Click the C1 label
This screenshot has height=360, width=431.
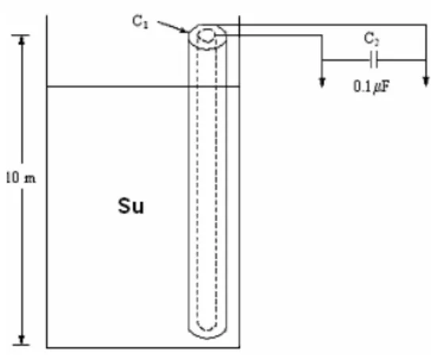[140, 21]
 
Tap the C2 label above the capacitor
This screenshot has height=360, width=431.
[371, 39]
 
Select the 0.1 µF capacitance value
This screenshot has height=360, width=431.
[371, 86]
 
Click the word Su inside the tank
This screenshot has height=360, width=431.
[131, 206]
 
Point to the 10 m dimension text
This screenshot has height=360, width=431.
[21, 178]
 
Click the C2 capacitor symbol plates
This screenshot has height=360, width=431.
[374, 59]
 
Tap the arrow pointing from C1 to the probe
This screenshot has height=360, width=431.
[172, 27]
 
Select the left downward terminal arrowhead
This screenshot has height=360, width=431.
[322, 82]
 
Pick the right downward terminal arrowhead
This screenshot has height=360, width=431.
[425, 82]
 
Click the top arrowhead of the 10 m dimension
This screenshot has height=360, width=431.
[22, 40]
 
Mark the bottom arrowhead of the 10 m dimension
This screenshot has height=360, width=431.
[21, 339]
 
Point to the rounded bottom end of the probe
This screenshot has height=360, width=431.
[207, 338]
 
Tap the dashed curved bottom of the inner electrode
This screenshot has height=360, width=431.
[206, 330]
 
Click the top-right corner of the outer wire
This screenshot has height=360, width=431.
[425, 25]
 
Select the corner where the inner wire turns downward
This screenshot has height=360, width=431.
[322, 35]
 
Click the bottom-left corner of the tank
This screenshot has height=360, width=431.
[47, 347]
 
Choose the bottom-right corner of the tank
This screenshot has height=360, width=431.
[239, 347]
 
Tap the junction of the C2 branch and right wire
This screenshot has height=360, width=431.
[425, 59]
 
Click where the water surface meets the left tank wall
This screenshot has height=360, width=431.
[47, 86]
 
